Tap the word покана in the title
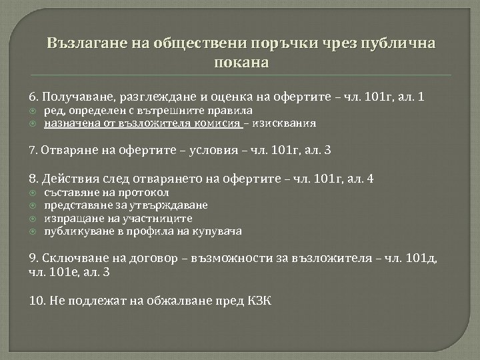(239, 65)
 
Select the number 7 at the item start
(33, 150)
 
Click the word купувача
(220, 231)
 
